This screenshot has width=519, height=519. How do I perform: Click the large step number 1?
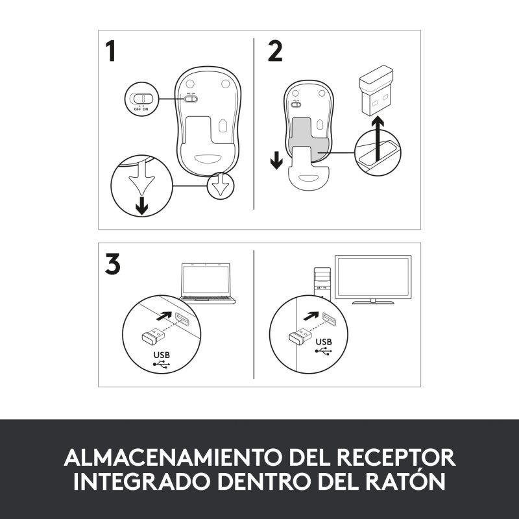point(111,51)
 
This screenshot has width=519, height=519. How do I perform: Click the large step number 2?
point(275,51)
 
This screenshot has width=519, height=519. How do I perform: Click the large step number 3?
point(112,263)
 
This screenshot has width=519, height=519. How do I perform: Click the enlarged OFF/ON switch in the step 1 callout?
point(141,99)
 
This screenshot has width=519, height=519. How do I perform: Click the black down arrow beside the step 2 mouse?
point(276,160)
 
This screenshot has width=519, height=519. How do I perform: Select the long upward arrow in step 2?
point(378,139)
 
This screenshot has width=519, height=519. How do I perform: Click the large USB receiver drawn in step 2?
point(376,90)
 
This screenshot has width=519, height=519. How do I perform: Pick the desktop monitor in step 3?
point(373,280)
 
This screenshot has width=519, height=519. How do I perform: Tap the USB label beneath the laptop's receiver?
point(162,355)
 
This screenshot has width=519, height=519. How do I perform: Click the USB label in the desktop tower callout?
point(324,342)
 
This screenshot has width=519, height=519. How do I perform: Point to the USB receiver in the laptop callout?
point(153,336)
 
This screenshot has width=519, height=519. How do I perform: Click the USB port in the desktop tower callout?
point(328,319)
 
